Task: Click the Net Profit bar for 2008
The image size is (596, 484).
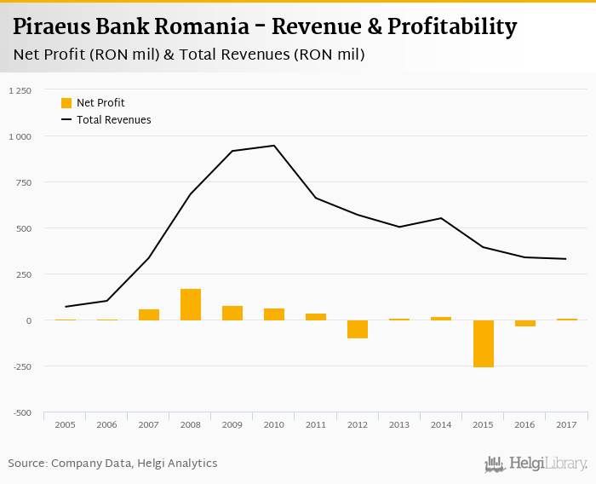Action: pyautogui.click(x=191, y=304)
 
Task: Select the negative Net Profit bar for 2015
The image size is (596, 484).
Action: pyautogui.click(x=483, y=343)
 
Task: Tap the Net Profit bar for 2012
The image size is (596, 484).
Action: pyautogui.click(x=358, y=329)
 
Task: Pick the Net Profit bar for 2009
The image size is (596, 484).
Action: pyautogui.click(x=232, y=313)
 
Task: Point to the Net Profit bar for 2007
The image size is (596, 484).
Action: pyautogui.click(x=149, y=314)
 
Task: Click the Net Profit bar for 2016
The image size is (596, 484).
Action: pyautogui.click(x=524, y=323)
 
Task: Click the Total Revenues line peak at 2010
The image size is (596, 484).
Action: pyautogui.click(x=274, y=146)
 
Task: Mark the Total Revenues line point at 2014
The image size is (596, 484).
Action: pyautogui.click(x=441, y=218)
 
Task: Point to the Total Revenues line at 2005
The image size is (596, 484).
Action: pyautogui.click(x=66, y=307)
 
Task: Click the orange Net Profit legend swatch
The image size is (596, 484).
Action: pyautogui.click(x=66, y=103)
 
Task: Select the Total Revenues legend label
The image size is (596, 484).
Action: pyautogui.click(x=114, y=120)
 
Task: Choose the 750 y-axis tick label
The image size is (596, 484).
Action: pyautogui.click(x=22, y=182)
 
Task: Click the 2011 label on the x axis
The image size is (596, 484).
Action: pyautogui.click(x=316, y=423)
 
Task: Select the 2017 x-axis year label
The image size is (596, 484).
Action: pyautogui.click(x=566, y=423)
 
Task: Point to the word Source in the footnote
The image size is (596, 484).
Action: pyautogui.click(x=27, y=464)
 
